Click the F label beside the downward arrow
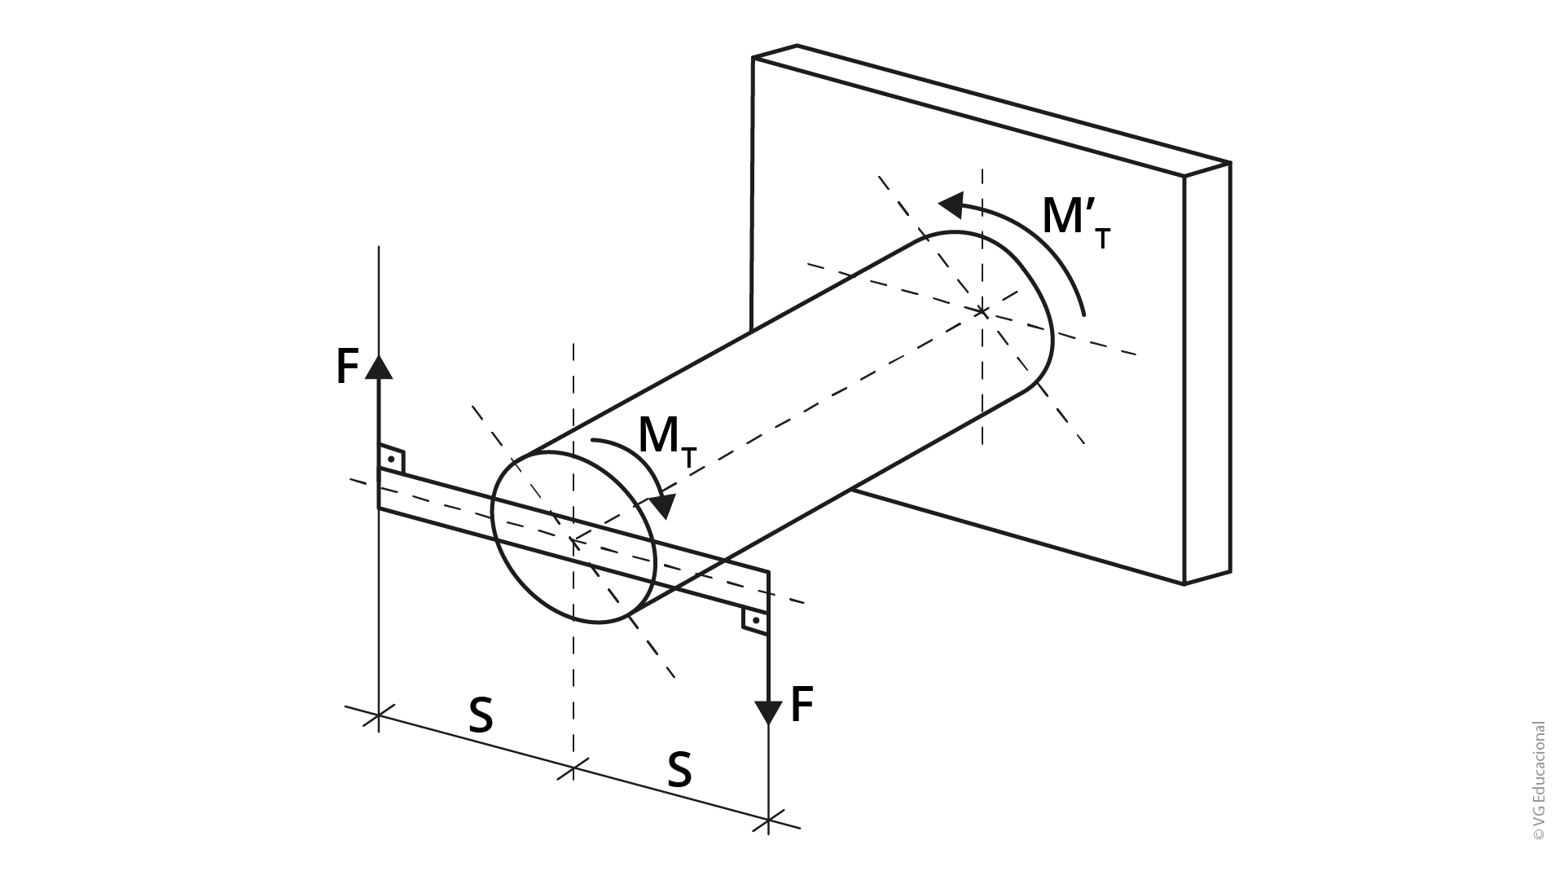[802, 705]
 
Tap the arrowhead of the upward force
[379, 366]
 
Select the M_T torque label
[668, 441]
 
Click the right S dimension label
[679, 770]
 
